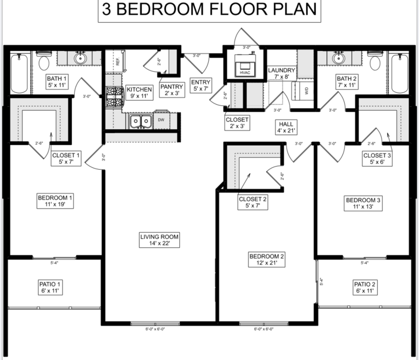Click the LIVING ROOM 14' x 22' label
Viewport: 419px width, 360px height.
tap(159, 240)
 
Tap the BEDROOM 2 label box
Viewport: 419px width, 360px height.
tap(267, 260)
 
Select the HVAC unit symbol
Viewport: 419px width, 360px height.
tap(245, 66)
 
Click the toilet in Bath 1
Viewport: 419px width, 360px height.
tap(43, 61)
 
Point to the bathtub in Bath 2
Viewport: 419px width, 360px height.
tap(399, 73)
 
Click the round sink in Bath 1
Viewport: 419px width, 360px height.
tap(80, 58)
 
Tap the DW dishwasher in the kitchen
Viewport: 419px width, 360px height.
tap(161, 120)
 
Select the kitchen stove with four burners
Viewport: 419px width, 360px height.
tap(114, 96)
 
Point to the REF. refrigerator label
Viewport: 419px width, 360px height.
tap(118, 61)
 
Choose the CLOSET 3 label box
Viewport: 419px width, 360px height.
tap(377, 159)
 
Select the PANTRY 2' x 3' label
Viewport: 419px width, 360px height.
tap(172, 90)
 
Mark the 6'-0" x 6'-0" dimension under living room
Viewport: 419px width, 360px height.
tap(155, 329)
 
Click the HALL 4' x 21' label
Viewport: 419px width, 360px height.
tap(286, 127)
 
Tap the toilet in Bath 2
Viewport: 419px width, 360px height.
tap(375, 61)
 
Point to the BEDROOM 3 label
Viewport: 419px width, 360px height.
tap(363, 203)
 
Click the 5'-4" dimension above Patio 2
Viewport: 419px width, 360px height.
tap(364, 263)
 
